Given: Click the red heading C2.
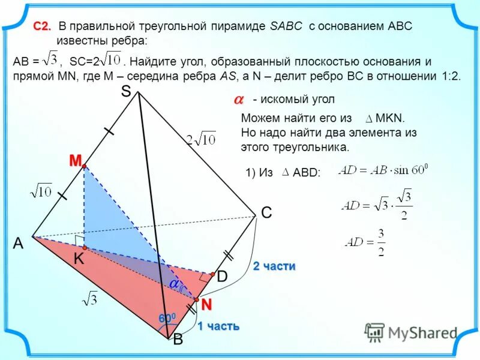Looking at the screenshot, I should click(x=42, y=26).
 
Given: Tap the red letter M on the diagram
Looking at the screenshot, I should click(x=74, y=160).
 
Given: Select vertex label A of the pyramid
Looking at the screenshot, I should click(x=18, y=243).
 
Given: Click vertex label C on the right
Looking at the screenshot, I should click(x=266, y=213).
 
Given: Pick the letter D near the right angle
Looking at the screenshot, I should click(x=222, y=277).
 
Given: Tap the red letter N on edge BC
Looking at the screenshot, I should click(x=206, y=305).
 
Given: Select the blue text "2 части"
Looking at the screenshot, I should click(x=274, y=266).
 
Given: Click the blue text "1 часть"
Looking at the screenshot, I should click(x=218, y=326).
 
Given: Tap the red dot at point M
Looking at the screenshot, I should click(x=85, y=166).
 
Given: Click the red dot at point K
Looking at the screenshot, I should click(x=85, y=247).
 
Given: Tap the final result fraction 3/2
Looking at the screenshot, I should click(x=381, y=242).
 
